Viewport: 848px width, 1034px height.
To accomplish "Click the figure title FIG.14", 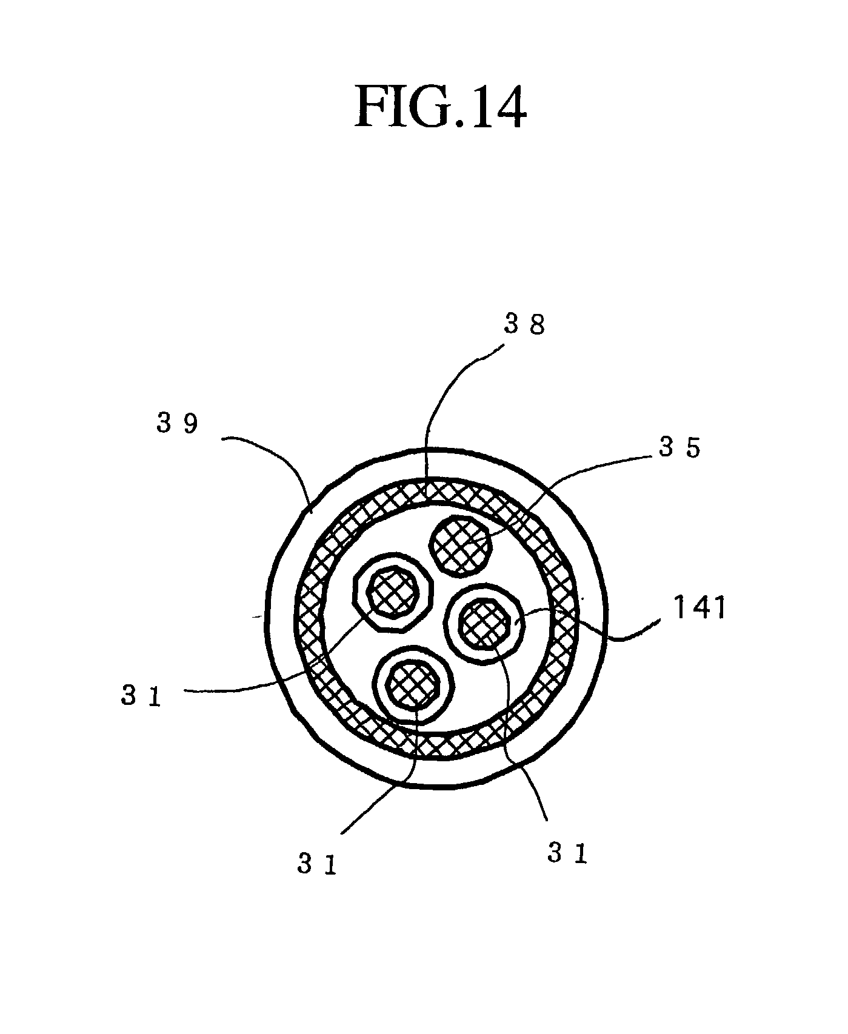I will pyautogui.click(x=440, y=107).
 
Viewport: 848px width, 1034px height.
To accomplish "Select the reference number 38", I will pyautogui.click(x=525, y=325).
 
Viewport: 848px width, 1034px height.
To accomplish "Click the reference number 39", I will pyautogui.click(x=177, y=424).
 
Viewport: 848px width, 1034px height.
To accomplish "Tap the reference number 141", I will pyautogui.click(x=700, y=607).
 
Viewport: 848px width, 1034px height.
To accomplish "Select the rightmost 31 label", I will pyautogui.click(x=567, y=853).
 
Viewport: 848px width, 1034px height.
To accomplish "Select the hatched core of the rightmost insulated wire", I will pyautogui.click(x=484, y=624).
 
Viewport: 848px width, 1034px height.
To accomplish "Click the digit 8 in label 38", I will pyautogui.click(x=536, y=325).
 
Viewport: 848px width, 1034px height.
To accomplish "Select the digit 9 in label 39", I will pyautogui.click(x=190, y=424).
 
